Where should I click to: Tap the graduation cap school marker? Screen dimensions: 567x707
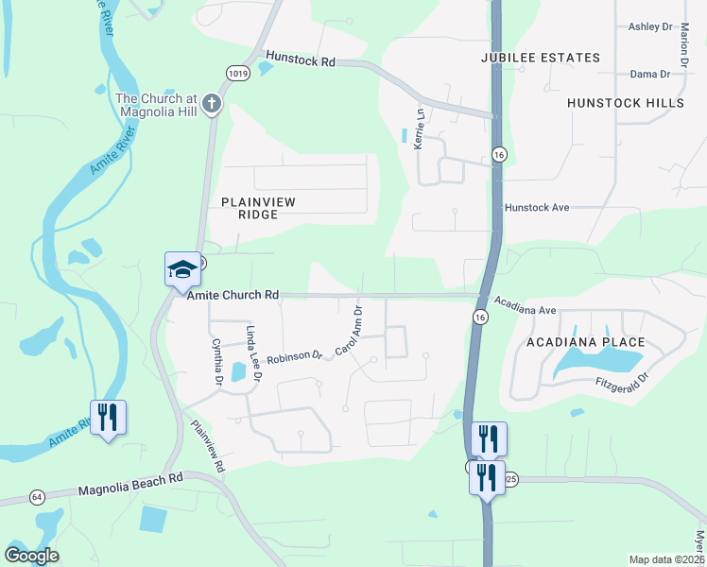[182, 270]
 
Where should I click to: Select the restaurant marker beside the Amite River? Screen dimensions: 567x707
[108, 417]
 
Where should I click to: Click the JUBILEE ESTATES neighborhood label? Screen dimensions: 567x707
[540, 58]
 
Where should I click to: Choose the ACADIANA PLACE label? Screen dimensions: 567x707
[586, 342]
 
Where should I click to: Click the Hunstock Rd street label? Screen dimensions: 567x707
[301, 60]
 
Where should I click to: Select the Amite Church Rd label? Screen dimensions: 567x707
[233, 295]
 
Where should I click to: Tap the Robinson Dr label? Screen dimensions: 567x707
[294, 357]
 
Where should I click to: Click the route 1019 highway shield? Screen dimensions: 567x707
[238, 72]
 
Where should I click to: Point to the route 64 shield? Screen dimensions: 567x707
[37, 496]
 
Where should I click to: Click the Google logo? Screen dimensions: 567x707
[31, 556]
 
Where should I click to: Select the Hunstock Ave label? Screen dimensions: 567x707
[537, 207]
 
